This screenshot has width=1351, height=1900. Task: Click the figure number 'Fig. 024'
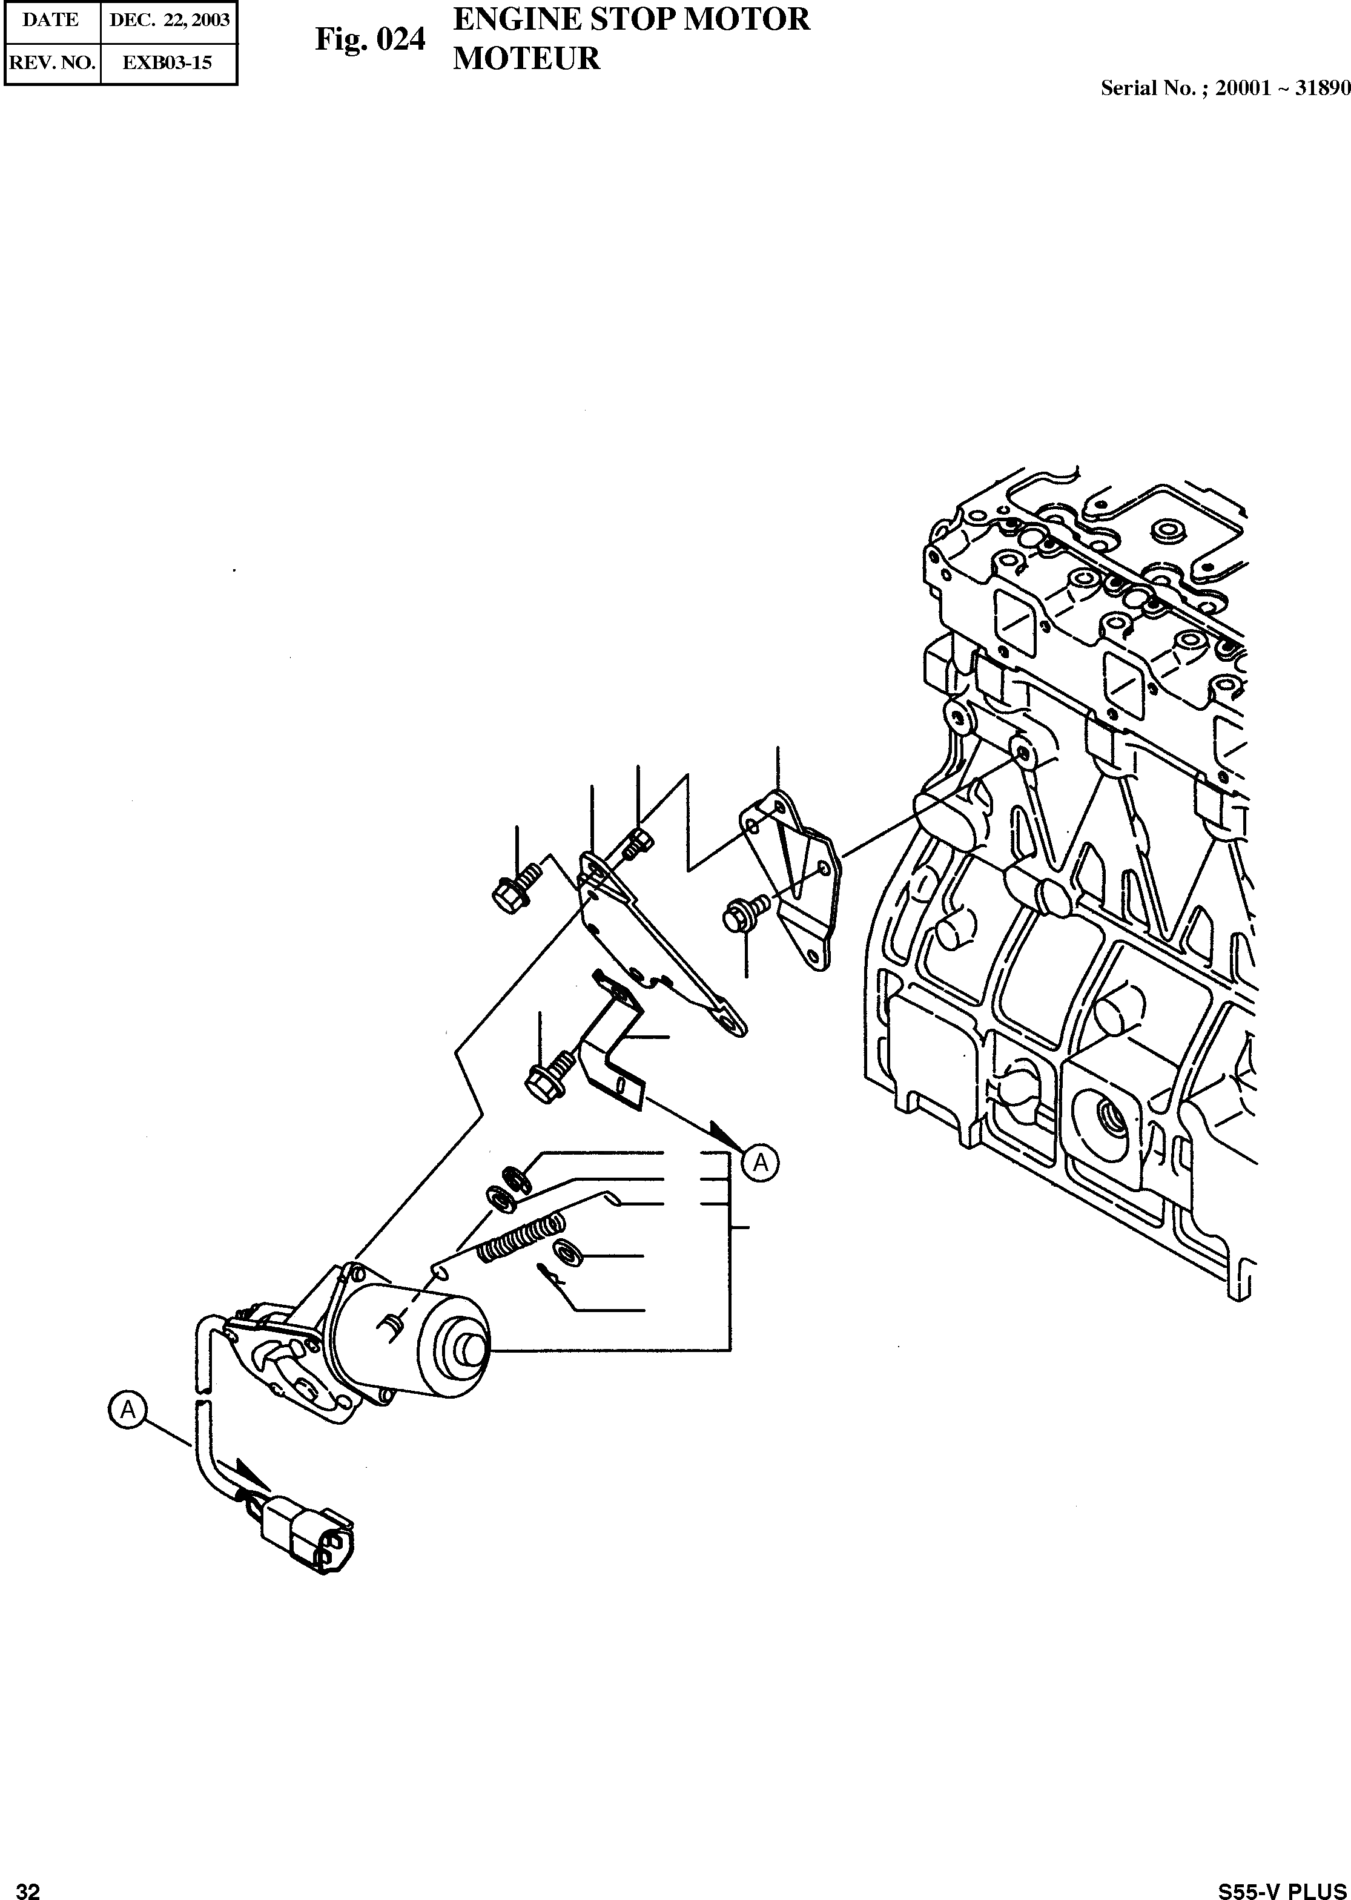pyautogui.click(x=369, y=39)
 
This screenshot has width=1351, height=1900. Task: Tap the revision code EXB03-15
pyautogui.click(x=167, y=62)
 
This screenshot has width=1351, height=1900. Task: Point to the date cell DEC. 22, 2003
pyautogui.click(x=169, y=21)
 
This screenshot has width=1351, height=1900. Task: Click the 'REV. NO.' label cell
pyautogui.click(x=51, y=62)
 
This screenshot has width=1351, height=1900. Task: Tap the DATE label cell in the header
pyautogui.click(x=51, y=21)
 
